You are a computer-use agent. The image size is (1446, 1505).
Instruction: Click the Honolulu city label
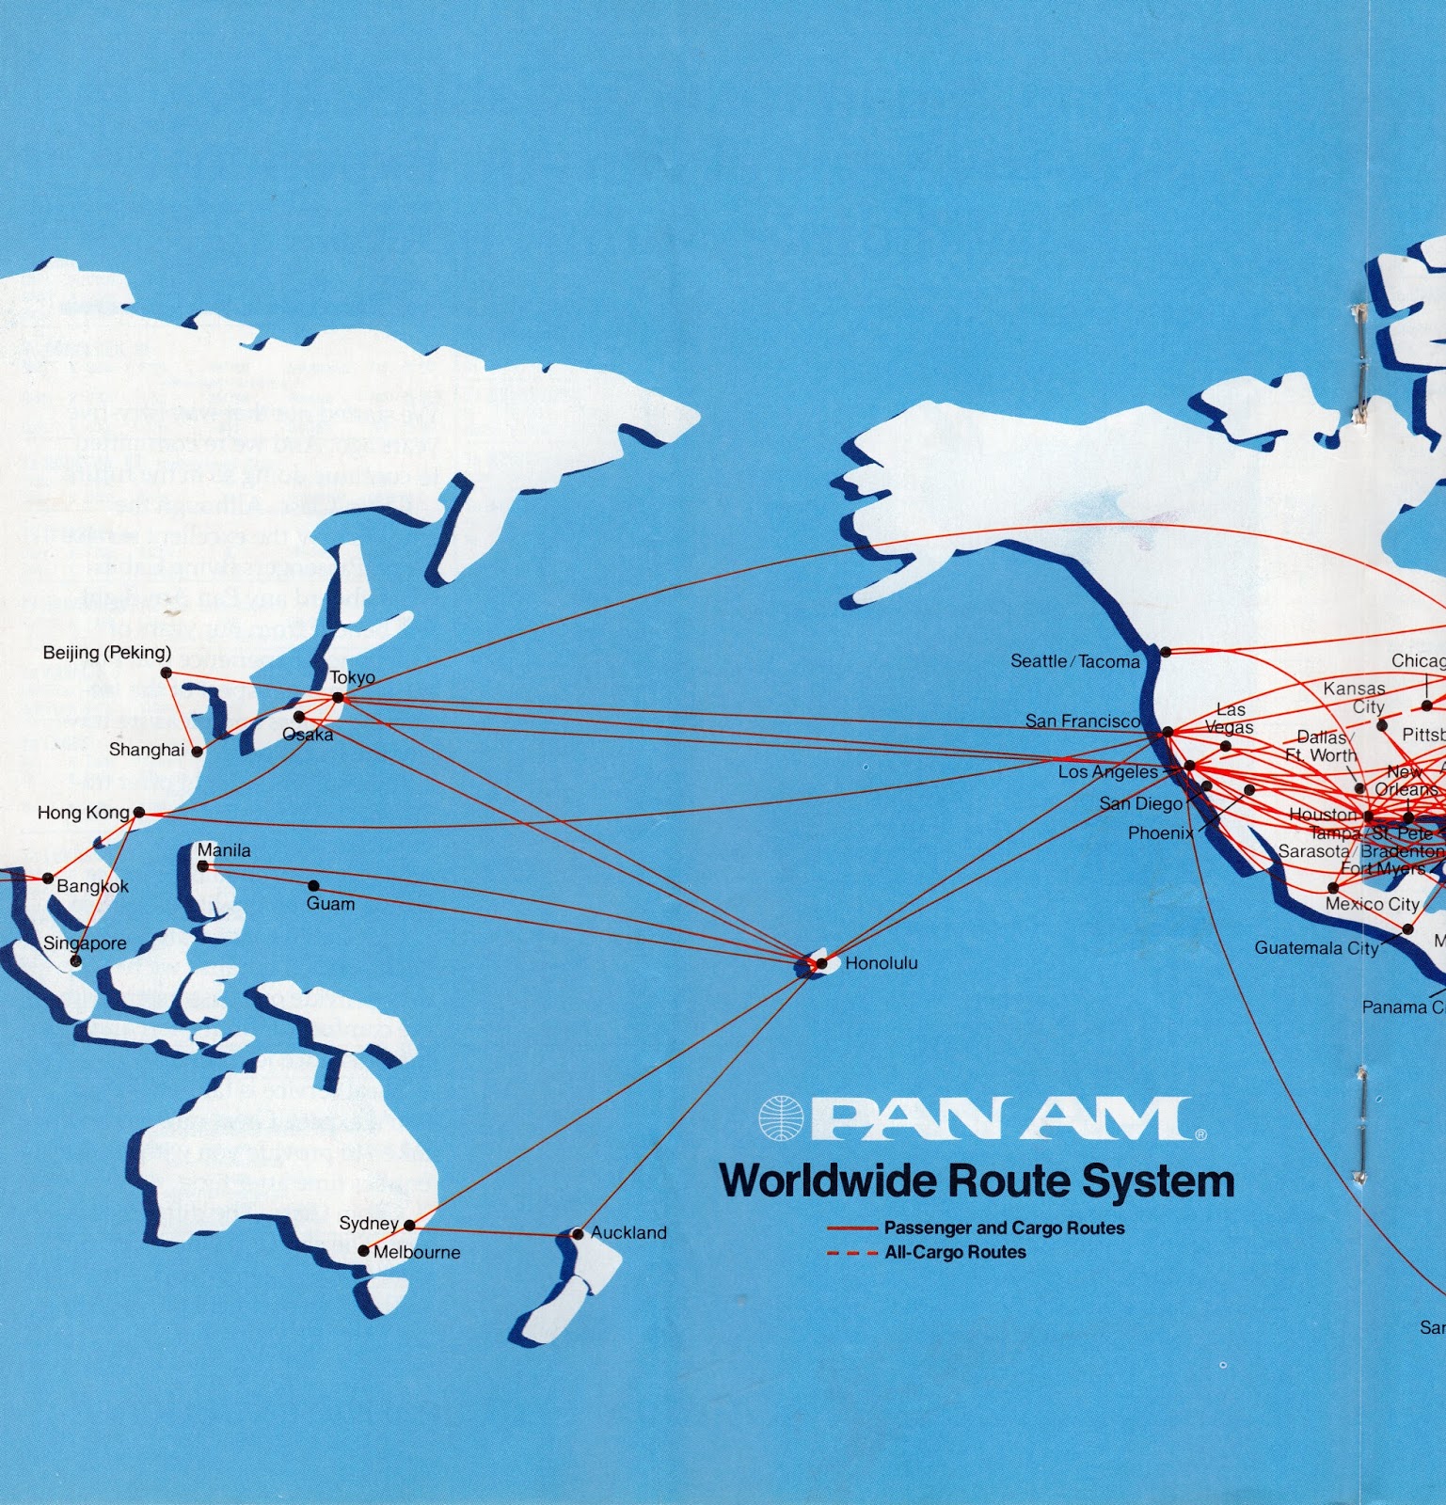(x=881, y=963)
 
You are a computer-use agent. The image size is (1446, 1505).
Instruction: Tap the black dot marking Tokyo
(x=339, y=698)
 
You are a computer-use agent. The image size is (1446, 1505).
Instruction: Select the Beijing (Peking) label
(x=107, y=653)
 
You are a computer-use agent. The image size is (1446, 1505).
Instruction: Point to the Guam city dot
(x=313, y=886)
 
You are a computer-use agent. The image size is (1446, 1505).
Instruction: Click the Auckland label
(x=628, y=1232)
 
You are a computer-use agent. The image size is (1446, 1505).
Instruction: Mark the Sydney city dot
(x=409, y=1226)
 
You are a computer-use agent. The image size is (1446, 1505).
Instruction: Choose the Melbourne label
(x=417, y=1253)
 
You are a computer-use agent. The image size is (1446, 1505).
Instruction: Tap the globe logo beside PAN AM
(x=782, y=1118)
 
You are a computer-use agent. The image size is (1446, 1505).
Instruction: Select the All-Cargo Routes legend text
(x=955, y=1253)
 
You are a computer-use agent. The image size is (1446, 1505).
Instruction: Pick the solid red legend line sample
(x=851, y=1228)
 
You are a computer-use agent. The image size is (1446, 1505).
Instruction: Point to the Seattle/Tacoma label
(x=1074, y=661)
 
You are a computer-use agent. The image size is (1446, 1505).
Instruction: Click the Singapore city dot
(x=76, y=961)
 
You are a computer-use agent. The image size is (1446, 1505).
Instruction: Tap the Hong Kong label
(x=83, y=813)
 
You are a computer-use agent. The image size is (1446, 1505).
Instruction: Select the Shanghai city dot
(x=197, y=752)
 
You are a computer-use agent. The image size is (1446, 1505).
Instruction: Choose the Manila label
(x=224, y=850)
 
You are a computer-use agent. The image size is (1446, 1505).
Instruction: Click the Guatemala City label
(x=1315, y=948)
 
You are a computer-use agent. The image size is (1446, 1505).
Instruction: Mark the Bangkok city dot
(x=49, y=879)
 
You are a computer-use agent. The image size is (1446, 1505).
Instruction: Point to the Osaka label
(x=309, y=735)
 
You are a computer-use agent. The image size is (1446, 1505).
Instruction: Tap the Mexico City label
(x=1372, y=904)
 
